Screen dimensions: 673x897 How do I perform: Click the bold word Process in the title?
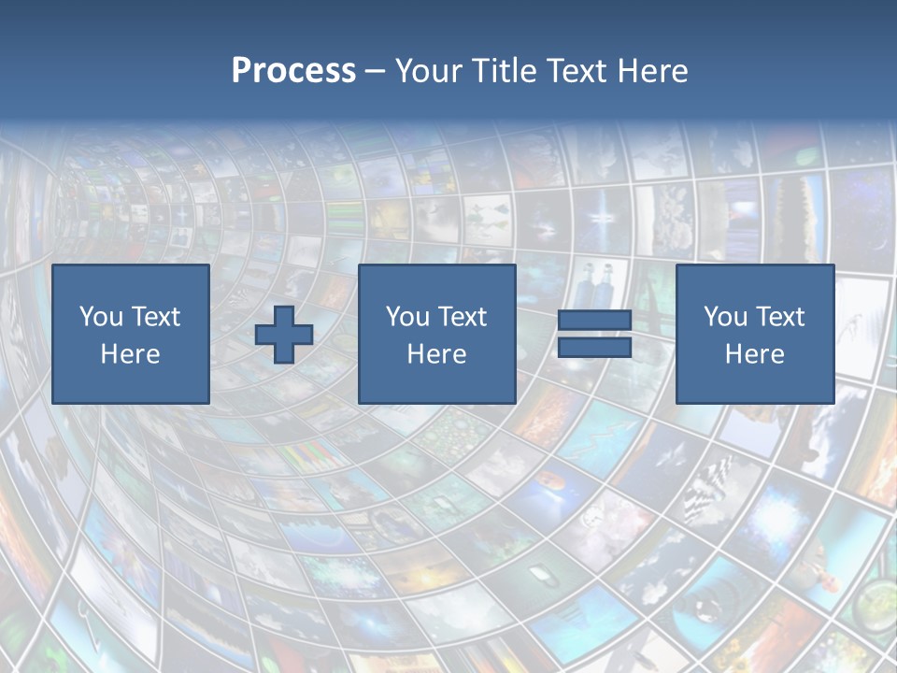(x=293, y=71)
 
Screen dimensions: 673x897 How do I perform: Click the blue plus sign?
(x=284, y=335)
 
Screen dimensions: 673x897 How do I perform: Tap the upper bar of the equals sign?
(x=594, y=321)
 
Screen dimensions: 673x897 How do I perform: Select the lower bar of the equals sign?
(x=594, y=348)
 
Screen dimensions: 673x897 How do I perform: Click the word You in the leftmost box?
(x=101, y=317)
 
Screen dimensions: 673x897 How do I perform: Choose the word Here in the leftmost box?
(x=130, y=354)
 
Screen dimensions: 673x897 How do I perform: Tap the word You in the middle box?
(x=407, y=317)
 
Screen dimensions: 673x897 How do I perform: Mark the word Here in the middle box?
(x=436, y=354)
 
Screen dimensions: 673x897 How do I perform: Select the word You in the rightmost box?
(x=725, y=317)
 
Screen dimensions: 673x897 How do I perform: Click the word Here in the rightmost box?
(x=754, y=354)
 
